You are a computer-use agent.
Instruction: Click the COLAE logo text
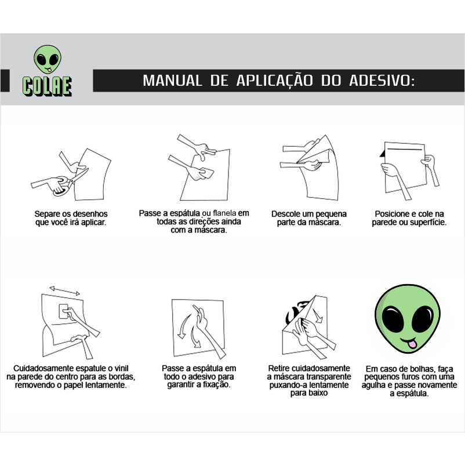[47, 86]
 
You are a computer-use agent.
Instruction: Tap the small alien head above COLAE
[48, 59]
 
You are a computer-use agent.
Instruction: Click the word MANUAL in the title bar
[172, 81]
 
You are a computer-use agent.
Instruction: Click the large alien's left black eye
[393, 319]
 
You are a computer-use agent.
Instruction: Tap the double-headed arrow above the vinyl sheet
[65, 290]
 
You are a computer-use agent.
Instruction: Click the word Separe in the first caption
[48, 214]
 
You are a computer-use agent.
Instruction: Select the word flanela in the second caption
[224, 213]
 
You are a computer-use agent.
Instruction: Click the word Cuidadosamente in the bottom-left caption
[43, 368]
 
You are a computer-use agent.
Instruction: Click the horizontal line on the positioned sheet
[405, 149]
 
